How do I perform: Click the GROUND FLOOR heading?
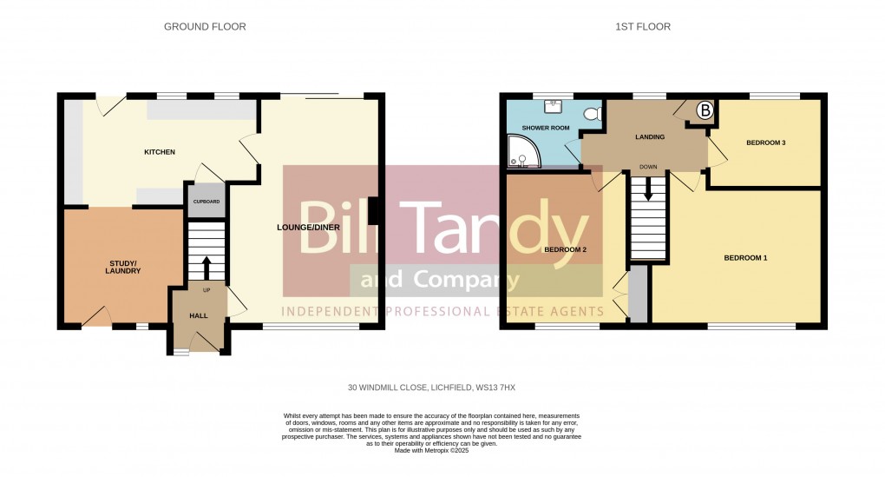click(x=205, y=27)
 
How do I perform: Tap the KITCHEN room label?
click(x=160, y=152)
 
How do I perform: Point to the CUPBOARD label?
click(x=206, y=202)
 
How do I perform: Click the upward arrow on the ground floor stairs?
click(x=206, y=265)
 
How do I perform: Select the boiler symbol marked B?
click(x=705, y=110)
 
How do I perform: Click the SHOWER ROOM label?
click(x=546, y=128)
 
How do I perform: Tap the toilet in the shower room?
click(x=593, y=113)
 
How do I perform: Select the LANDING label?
click(x=650, y=137)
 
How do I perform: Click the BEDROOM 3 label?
click(x=765, y=142)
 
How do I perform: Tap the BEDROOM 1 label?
click(x=746, y=258)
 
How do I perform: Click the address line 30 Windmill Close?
click(x=433, y=388)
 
